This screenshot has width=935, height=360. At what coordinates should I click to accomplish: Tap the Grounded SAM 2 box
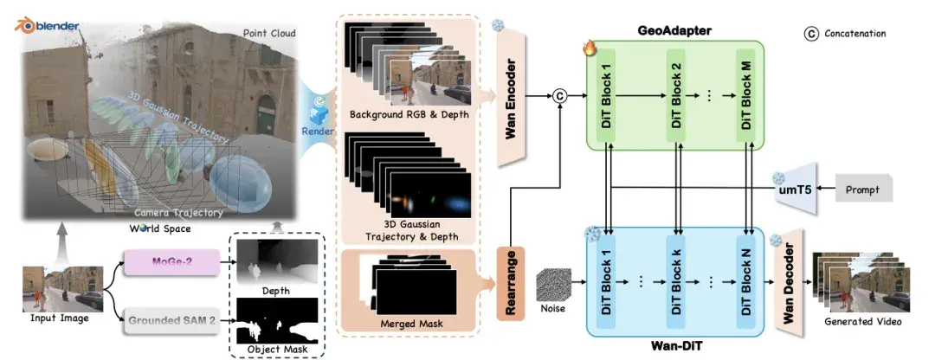[171, 323]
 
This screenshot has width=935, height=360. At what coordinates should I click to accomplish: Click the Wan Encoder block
[511, 99]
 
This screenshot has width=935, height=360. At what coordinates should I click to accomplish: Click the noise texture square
[553, 285]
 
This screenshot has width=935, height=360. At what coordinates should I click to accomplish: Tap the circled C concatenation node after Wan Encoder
[559, 95]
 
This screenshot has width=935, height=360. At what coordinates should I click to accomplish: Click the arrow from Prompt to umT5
[826, 189]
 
